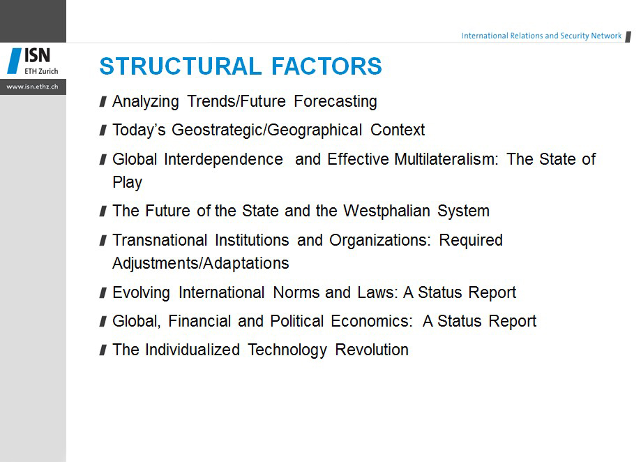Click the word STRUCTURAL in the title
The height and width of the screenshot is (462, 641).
pyautogui.click(x=180, y=66)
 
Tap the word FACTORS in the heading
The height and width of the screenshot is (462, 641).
pyautogui.click(x=326, y=66)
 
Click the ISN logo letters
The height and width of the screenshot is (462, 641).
pyautogui.click(x=37, y=56)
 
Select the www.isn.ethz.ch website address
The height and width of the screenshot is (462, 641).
pyautogui.click(x=32, y=87)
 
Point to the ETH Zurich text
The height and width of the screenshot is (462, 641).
pyautogui.click(x=41, y=71)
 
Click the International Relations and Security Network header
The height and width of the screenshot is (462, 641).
pyautogui.click(x=541, y=36)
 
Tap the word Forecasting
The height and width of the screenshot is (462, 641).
pyautogui.click(x=335, y=102)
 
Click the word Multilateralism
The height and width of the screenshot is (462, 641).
pyautogui.click(x=446, y=159)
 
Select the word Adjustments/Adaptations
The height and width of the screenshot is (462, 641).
pyautogui.click(x=201, y=264)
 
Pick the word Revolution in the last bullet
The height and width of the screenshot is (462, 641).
pyautogui.click(x=372, y=350)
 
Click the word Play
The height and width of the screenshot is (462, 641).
pyautogui.click(x=128, y=182)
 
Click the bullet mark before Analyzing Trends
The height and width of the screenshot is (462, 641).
pyautogui.click(x=103, y=101)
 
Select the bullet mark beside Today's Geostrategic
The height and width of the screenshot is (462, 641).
pyautogui.click(x=103, y=130)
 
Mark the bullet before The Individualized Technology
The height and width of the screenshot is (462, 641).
pyautogui.click(x=103, y=350)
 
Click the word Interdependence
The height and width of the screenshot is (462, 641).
pyautogui.click(x=223, y=159)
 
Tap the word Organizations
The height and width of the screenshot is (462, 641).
pyautogui.click(x=380, y=240)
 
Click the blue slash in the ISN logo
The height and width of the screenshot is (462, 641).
pyautogui.click(x=15, y=61)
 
